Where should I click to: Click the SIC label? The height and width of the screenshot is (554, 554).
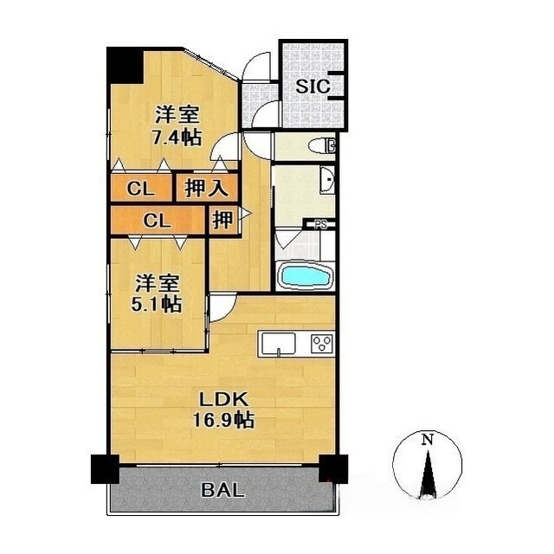point(312,86)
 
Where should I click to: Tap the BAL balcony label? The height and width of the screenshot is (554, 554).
point(223,490)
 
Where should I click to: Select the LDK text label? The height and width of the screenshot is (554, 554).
point(223,400)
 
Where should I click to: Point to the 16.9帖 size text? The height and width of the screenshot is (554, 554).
point(223,420)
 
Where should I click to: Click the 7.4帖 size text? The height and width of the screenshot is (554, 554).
point(177,138)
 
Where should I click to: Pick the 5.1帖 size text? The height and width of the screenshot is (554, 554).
point(157,304)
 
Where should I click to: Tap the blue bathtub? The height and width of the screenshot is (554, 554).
point(306,276)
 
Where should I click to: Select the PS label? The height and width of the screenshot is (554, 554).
point(321,225)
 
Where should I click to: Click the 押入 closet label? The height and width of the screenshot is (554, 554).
point(206,188)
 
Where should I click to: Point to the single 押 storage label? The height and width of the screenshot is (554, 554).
point(222,219)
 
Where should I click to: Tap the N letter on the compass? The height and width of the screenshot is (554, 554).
point(428,439)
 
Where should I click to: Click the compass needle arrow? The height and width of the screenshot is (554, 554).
point(428,474)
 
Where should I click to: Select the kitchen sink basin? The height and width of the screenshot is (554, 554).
point(278,344)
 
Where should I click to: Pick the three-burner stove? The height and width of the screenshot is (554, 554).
point(322,343)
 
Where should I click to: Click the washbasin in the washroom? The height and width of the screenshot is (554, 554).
point(327,180)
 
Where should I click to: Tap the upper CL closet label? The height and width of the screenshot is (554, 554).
point(140,190)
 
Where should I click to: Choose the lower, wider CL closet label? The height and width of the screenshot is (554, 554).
point(158,222)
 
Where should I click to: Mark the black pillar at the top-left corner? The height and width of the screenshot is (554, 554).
point(125,66)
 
